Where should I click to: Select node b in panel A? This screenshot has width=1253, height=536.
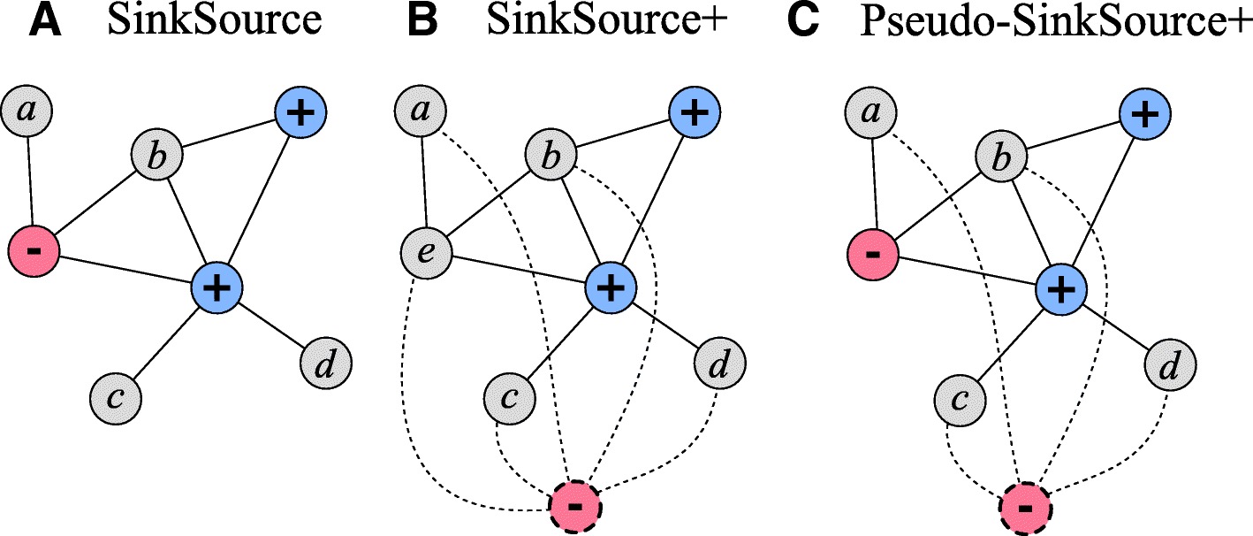[x=157, y=157]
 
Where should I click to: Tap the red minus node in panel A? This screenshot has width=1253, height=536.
[x=33, y=250]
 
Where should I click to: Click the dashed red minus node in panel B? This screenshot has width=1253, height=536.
[x=575, y=507]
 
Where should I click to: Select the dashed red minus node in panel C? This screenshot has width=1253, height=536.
[x=1025, y=508]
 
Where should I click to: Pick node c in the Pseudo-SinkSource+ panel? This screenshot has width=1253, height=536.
[x=960, y=400]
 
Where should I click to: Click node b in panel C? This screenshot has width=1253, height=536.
[x=1000, y=159]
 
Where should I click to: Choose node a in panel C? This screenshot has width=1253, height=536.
[x=870, y=112]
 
